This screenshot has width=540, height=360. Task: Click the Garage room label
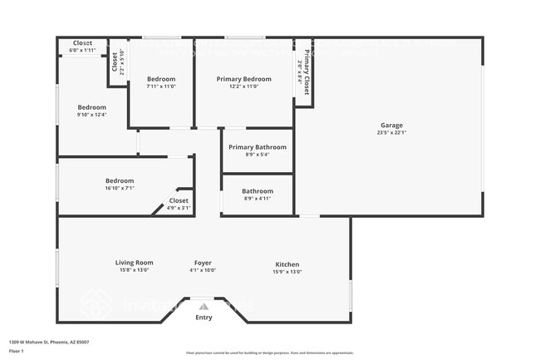click(x=392, y=125)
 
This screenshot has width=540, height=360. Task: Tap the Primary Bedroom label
click(x=243, y=79)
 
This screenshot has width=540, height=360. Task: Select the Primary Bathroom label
click(x=258, y=147)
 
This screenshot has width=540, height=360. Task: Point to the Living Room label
click(x=134, y=264)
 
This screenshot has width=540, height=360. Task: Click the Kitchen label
click(x=287, y=264)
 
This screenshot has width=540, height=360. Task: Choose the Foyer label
click(x=204, y=264)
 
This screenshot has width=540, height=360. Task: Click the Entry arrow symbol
click(x=204, y=306)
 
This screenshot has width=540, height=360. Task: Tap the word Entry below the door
click(x=204, y=317)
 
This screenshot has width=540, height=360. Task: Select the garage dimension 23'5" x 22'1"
click(x=392, y=132)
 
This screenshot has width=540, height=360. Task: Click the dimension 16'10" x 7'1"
click(x=120, y=188)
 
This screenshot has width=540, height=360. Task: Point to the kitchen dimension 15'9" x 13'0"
click(x=287, y=272)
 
